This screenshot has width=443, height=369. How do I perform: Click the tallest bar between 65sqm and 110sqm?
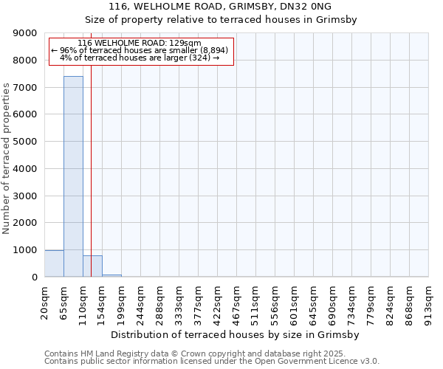(73, 177)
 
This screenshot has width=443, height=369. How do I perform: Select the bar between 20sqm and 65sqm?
(54, 264)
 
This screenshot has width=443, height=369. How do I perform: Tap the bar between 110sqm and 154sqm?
(92, 266)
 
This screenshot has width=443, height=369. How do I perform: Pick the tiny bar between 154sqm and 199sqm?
(111, 275)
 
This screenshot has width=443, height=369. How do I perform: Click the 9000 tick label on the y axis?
(26, 33)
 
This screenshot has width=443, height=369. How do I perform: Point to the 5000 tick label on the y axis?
(26, 142)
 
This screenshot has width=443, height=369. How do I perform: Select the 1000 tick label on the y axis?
(26, 250)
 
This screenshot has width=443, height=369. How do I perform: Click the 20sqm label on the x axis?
(44, 302)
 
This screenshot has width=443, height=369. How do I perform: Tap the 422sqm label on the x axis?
(217, 303)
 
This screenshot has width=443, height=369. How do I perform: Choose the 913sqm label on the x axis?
(428, 303)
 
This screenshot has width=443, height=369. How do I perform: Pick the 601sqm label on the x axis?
(294, 303)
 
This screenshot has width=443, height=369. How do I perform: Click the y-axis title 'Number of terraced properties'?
(7, 159)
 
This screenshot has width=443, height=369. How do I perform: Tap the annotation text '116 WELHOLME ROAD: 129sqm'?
(139, 44)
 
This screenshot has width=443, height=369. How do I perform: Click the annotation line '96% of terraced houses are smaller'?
(140, 50)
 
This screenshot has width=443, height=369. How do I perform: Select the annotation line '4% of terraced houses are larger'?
(140, 58)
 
